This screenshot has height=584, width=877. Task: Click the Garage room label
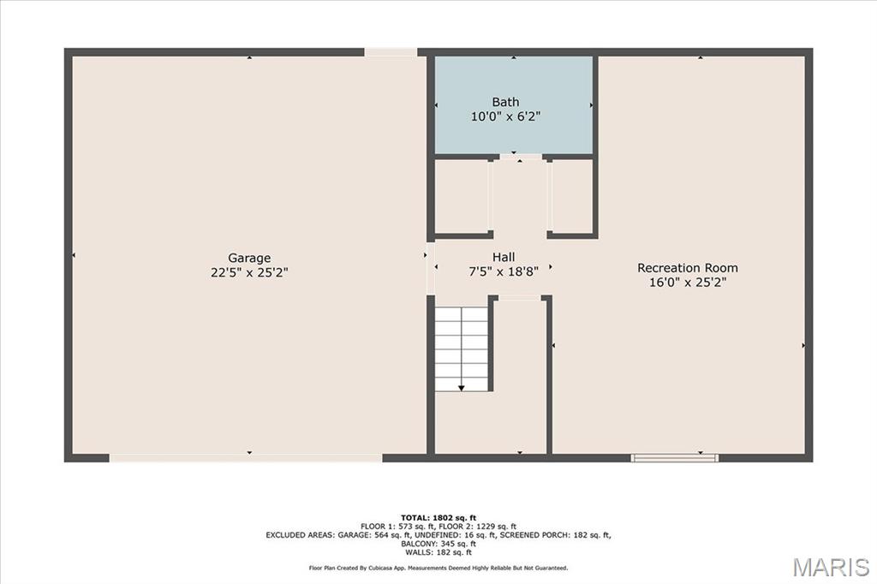pyautogui.click(x=249, y=258)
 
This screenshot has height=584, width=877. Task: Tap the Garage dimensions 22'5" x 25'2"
pyautogui.click(x=249, y=272)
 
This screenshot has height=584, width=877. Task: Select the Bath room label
pyautogui.click(x=505, y=102)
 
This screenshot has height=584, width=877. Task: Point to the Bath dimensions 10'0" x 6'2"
pyautogui.click(x=505, y=116)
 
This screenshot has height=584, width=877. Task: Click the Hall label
pyautogui.click(x=504, y=257)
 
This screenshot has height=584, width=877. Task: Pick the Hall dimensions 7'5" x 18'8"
pyautogui.click(x=504, y=271)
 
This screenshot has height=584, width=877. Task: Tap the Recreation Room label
pyautogui.click(x=688, y=268)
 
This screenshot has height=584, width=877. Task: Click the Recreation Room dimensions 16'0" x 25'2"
pyautogui.click(x=688, y=283)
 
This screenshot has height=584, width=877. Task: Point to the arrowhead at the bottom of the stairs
pyautogui.click(x=462, y=388)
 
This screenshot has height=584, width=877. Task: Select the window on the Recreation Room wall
pyautogui.click(x=675, y=458)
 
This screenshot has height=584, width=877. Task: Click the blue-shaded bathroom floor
pyautogui.click(x=514, y=104)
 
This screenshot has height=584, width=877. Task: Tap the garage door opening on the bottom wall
pyautogui.click(x=246, y=458)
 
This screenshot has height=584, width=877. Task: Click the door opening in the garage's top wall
pyautogui.click(x=391, y=52)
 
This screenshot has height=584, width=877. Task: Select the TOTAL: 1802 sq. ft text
pyautogui.click(x=438, y=518)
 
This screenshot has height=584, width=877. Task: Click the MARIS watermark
pyautogui.click(x=831, y=567)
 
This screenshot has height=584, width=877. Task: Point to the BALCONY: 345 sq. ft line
pyautogui.click(x=438, y=544)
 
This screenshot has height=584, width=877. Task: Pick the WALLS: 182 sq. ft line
pyautogui.click(x=438, y=552)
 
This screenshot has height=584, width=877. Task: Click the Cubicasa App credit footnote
pyautogui.click(x=438, y=569)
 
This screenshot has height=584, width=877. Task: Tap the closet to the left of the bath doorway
pyautogui.click(x=462, y=196)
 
